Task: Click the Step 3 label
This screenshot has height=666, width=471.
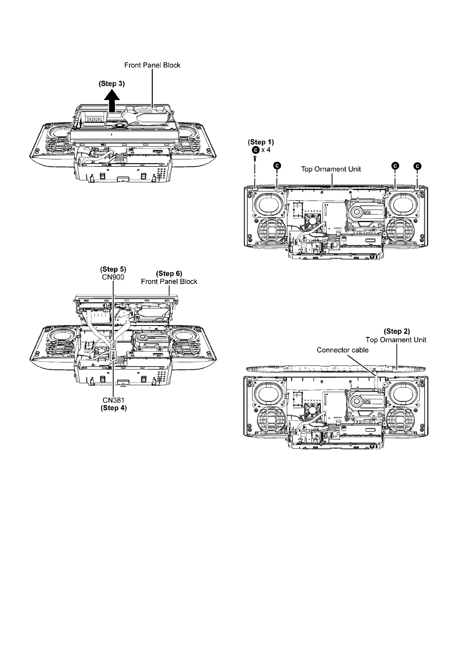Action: pos(111,83)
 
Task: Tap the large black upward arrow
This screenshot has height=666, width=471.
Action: pos(112,100)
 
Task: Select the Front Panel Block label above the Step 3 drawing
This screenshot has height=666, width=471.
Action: pos(152,65)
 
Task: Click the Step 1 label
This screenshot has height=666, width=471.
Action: pos(260,142)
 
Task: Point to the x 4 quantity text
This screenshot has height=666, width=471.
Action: pos(266,150)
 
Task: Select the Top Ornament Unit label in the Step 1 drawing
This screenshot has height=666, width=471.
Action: pos(331,169)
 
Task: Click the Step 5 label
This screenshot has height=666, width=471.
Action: pos(113,269)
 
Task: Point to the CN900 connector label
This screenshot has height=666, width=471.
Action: pos(113,277)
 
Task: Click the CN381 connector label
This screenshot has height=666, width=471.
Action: pos(114,400)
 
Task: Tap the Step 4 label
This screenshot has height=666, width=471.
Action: pos(114,408)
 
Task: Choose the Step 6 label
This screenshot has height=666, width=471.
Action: pos(169,273)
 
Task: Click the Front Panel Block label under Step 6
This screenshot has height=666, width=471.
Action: pos(169,282)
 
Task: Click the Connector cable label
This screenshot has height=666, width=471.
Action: pos(343,350)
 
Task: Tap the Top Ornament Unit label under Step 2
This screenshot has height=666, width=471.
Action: pos(396,340)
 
